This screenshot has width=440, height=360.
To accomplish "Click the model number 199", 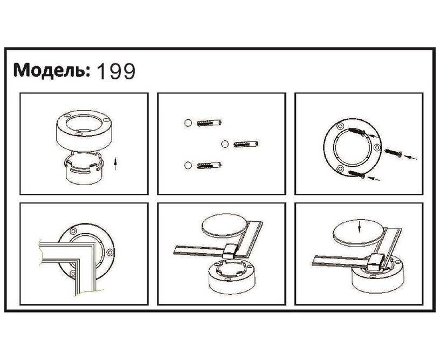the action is coord(115,71).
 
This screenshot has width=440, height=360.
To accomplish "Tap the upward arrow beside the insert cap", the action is coord(115,164).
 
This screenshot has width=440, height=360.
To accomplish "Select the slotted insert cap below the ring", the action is coord(84,168).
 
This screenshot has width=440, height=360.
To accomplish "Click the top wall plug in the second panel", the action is coord(209,123).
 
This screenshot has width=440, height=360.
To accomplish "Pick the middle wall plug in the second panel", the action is coord(246,144).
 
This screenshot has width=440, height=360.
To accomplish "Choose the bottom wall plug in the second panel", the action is coord(209,165).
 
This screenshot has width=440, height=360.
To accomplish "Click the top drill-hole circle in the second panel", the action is coord(188,123).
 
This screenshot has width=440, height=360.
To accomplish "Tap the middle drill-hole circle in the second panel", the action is coord(224,144).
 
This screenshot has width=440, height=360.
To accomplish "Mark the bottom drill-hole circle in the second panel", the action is coord(188,165).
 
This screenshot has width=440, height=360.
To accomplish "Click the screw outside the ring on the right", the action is coord(394,153).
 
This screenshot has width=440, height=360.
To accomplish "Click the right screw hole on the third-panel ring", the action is coord(377,147).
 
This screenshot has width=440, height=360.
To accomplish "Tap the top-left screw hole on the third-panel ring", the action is coord(340,126).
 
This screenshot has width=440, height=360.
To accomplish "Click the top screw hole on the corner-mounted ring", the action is coord(73,232).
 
